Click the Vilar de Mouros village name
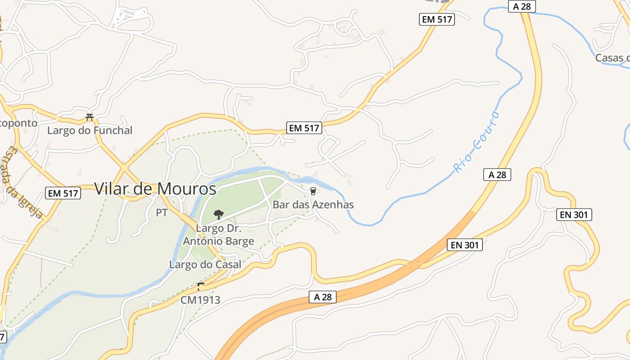[x=155, y=189]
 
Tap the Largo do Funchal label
[x=90, y=130]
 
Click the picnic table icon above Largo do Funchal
[x=90, y=117]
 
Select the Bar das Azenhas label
[x=313, y=205]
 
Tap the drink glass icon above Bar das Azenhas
[x=313, y=192]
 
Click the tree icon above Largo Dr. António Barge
[x=218, y=214]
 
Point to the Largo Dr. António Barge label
[x=218, y=235]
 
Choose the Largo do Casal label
[x=205, y=265]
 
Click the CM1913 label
[x=200, y=300]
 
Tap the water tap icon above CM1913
[x=200, y=286]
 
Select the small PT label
[x=162, y=213]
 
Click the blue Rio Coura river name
[x=476, y=142]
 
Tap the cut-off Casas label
[x=612, y=58]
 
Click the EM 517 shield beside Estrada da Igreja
[x=63, y=193]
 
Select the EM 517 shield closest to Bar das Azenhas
[x=304, y=128]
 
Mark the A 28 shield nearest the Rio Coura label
[x=497, y=175]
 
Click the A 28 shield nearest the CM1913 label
[x=323, y=297]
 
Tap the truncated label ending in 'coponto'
[x=18, y=123]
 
